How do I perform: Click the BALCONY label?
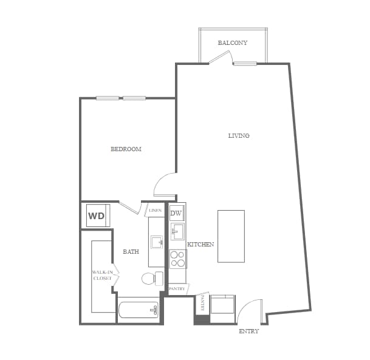[232, 43]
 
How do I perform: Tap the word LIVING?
[239, 135]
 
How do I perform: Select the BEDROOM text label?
[126, 149]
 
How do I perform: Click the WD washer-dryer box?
[96, 216]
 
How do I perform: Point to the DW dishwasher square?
[176, 213]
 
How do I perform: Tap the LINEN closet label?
[155, 211]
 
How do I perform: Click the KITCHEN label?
[200, 244]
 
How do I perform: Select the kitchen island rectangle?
[231, 236]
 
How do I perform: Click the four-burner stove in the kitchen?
[177, 259]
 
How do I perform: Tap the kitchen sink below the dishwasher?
[177, 231]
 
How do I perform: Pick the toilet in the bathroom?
[152, 279]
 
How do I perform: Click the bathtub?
[139, 310]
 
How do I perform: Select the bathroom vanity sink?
[156, 242]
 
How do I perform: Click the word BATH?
[131, 251]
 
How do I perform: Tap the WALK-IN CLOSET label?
[103, 275]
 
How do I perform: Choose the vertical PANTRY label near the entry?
[201, 305]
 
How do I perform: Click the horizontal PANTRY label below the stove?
[177, 289]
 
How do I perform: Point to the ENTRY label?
[248, 331]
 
